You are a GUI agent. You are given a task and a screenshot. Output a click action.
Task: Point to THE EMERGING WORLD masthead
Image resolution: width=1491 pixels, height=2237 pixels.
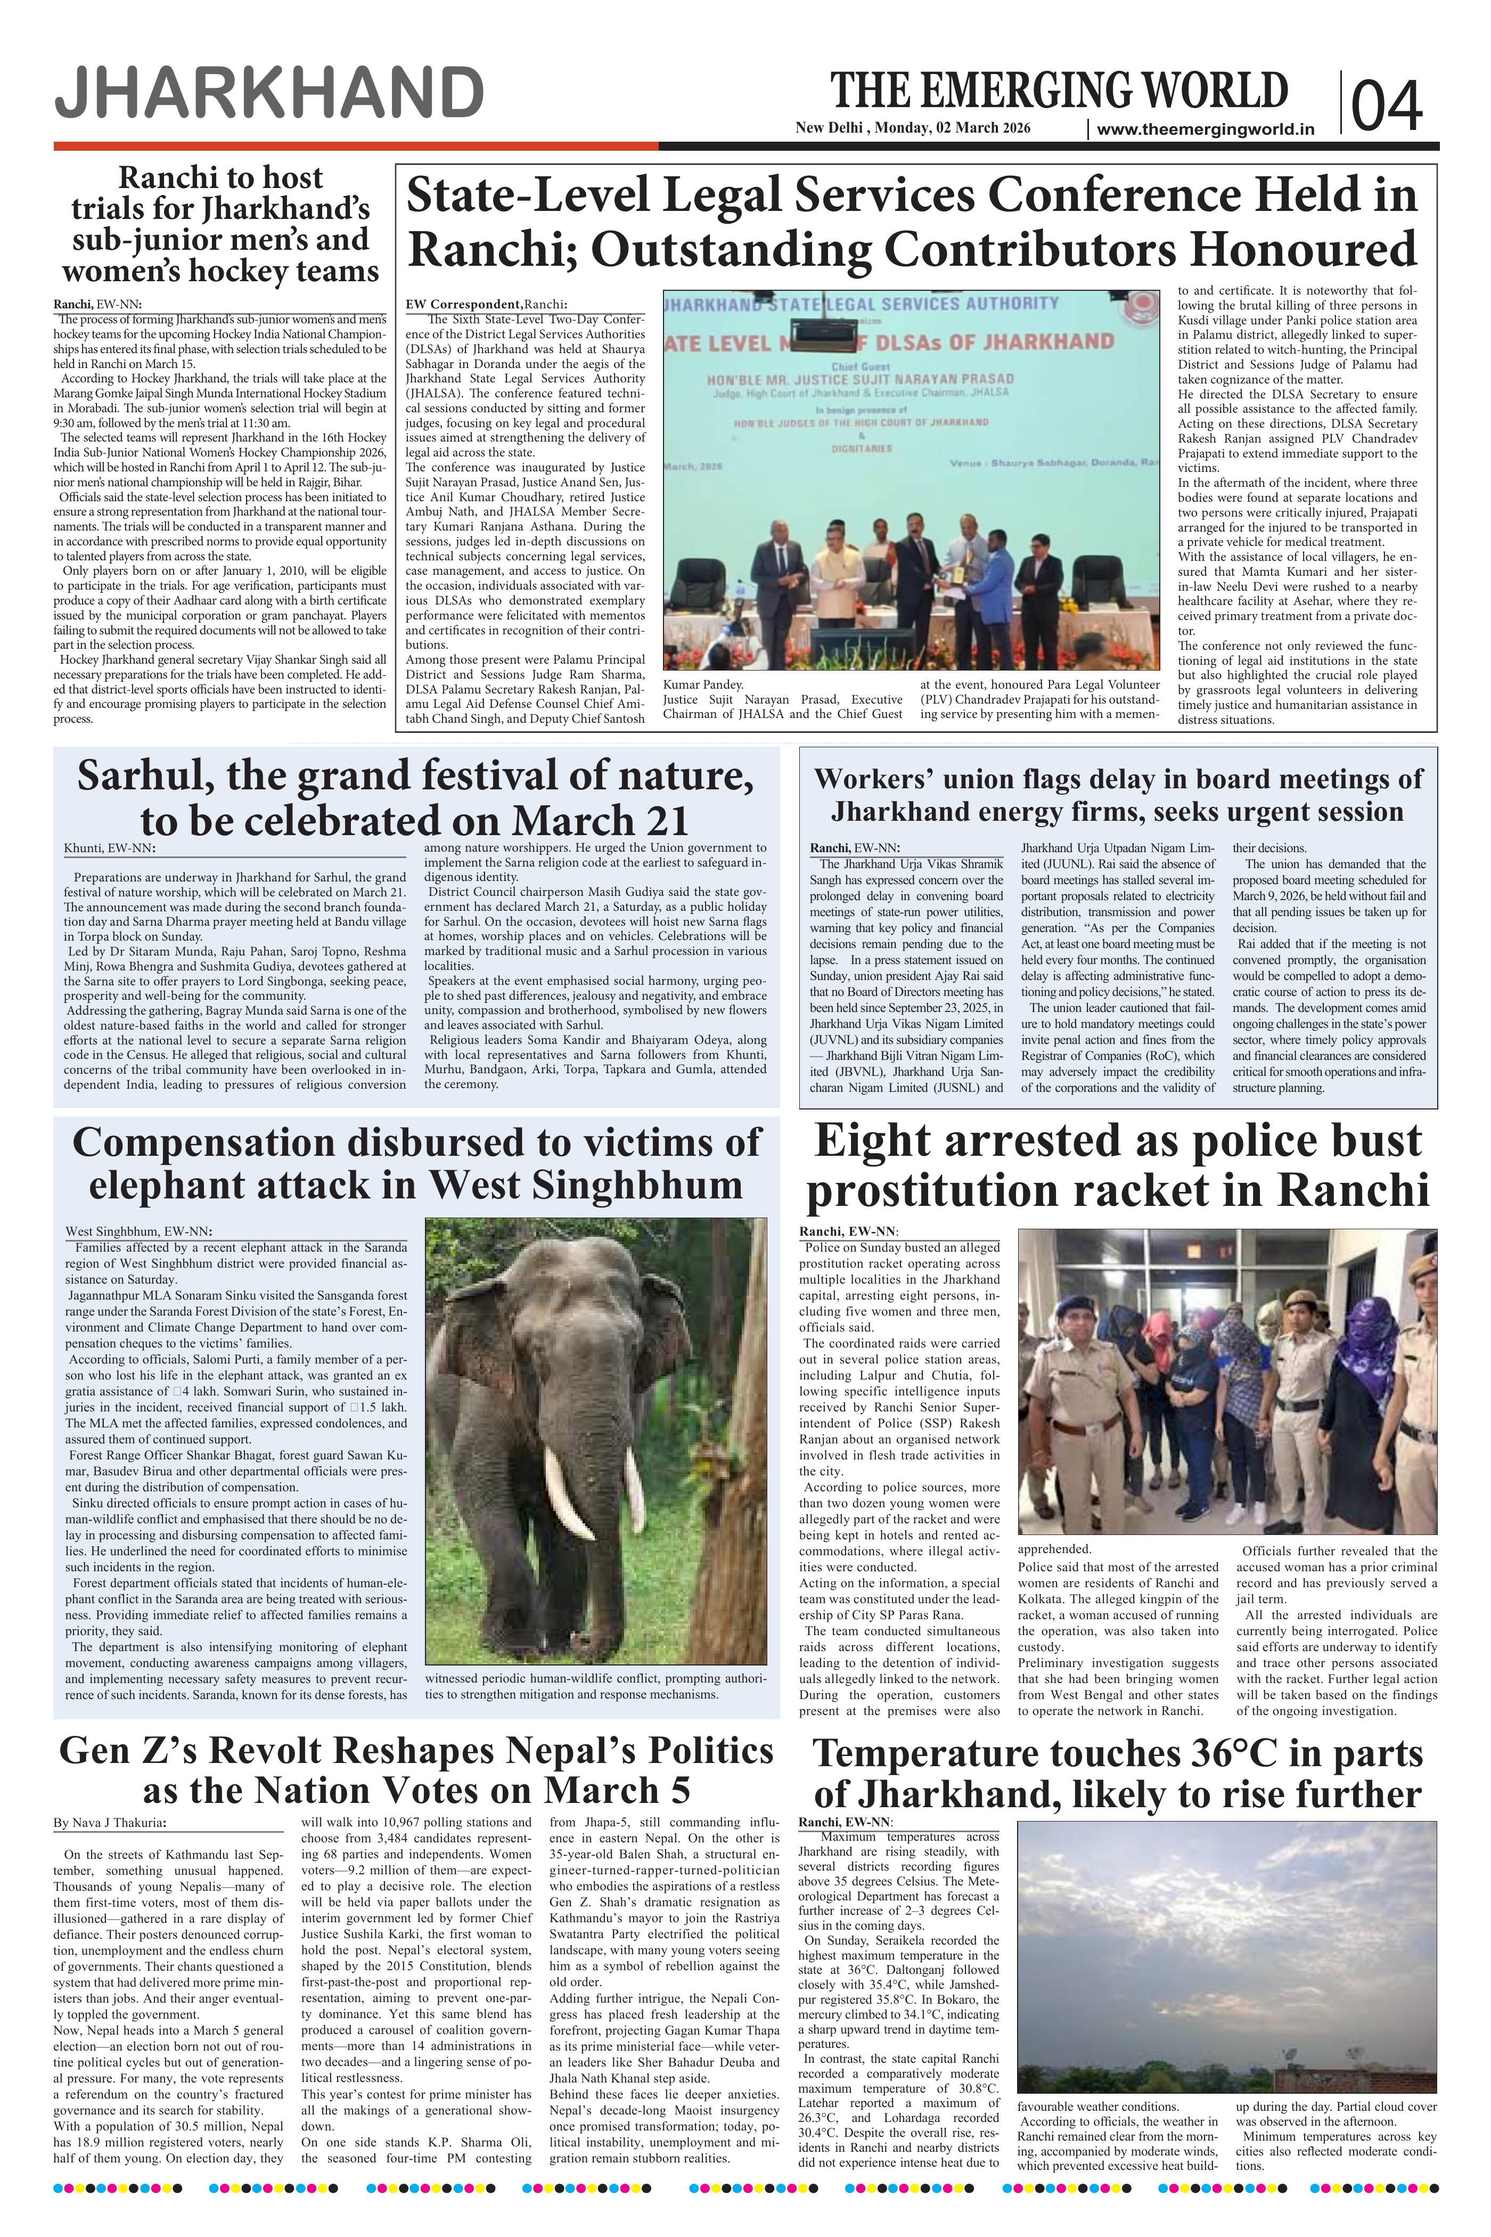(x=1059, y=91)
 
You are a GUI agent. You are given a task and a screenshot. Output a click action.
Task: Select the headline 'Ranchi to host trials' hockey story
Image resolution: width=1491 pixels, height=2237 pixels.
(x=220, y=224)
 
